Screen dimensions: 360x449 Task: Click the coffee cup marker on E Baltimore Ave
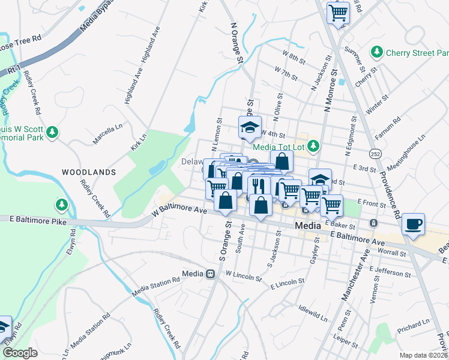[x=413, y=224]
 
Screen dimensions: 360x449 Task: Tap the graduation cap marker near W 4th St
[x=250, y=127]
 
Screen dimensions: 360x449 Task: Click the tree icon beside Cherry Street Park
[x=377, y=53]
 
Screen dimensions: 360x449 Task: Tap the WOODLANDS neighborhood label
[x=89, y=172]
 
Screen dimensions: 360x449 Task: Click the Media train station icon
[x=211, y=274]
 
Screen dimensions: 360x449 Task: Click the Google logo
[x=20, y=352]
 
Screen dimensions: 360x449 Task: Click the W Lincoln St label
[x=244, y=275]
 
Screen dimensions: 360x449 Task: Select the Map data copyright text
[x=423, y=355]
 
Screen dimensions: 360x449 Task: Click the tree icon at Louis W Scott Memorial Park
[x=53, y=131]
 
